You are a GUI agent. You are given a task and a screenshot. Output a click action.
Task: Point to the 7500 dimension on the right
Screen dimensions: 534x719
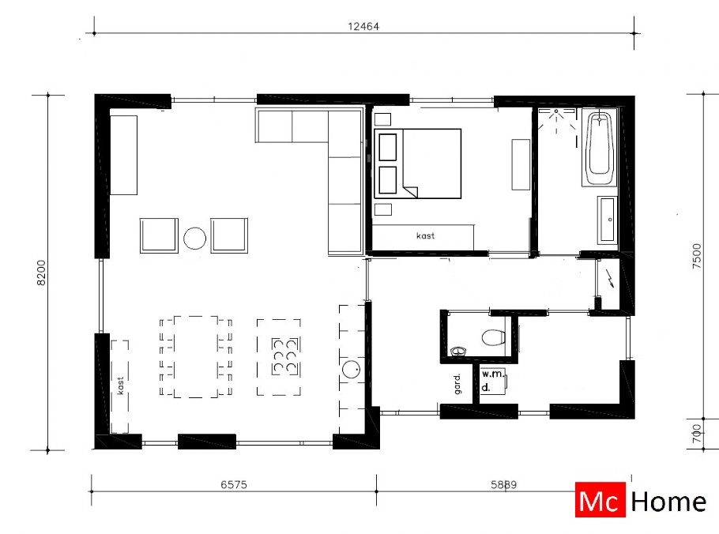point(696,258)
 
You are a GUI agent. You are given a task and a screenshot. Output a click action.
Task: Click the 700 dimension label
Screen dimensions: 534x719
point(696,434)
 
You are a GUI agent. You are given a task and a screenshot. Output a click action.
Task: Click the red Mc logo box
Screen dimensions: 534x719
point(600,501)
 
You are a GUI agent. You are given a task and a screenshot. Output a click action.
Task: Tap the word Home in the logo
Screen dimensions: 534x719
point(668,501)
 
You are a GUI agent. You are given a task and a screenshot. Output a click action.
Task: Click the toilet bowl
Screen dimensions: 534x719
point(493,338)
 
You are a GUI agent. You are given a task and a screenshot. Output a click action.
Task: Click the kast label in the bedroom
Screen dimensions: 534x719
point(425,235)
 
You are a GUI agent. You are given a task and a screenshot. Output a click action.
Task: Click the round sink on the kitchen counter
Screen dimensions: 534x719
point(352,369)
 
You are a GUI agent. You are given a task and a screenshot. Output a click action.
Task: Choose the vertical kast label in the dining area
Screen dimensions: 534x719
point(121,385)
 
